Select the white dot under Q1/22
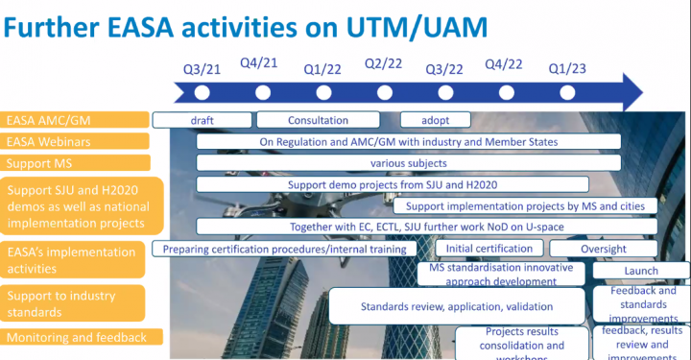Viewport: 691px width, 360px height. click(x=323, y=92)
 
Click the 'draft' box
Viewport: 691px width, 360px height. click(x=202, y=120)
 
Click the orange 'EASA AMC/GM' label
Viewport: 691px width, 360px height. click(x=75, y=120)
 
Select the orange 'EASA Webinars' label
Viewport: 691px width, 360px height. click(x=75, y=141)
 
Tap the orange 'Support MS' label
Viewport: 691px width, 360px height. click(x=75, y=162)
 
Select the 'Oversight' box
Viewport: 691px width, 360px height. click(x=603, y=249)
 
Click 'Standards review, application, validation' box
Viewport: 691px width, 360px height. click(x=456, y=307)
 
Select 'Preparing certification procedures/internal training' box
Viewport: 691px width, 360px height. click(x=284, y=249)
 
